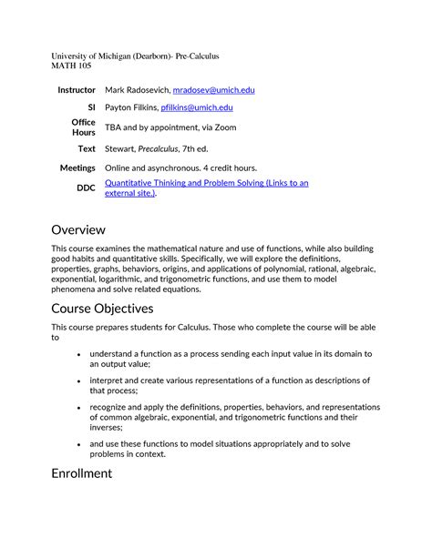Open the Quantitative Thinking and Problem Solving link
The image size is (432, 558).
(206, 183)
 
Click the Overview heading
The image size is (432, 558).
(78, 229)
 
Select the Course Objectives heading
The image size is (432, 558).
(103, 309)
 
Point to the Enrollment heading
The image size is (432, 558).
(82, 473)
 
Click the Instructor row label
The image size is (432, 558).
(77, 91)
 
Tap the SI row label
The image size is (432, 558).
(90, 107)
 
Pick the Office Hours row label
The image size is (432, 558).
(83, 127)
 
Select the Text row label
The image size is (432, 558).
(87, 148)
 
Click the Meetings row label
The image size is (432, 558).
(77, 168)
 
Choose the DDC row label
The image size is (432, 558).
(85, 188)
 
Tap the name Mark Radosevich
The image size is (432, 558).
(137, 91)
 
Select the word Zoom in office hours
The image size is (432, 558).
(224, 127)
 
